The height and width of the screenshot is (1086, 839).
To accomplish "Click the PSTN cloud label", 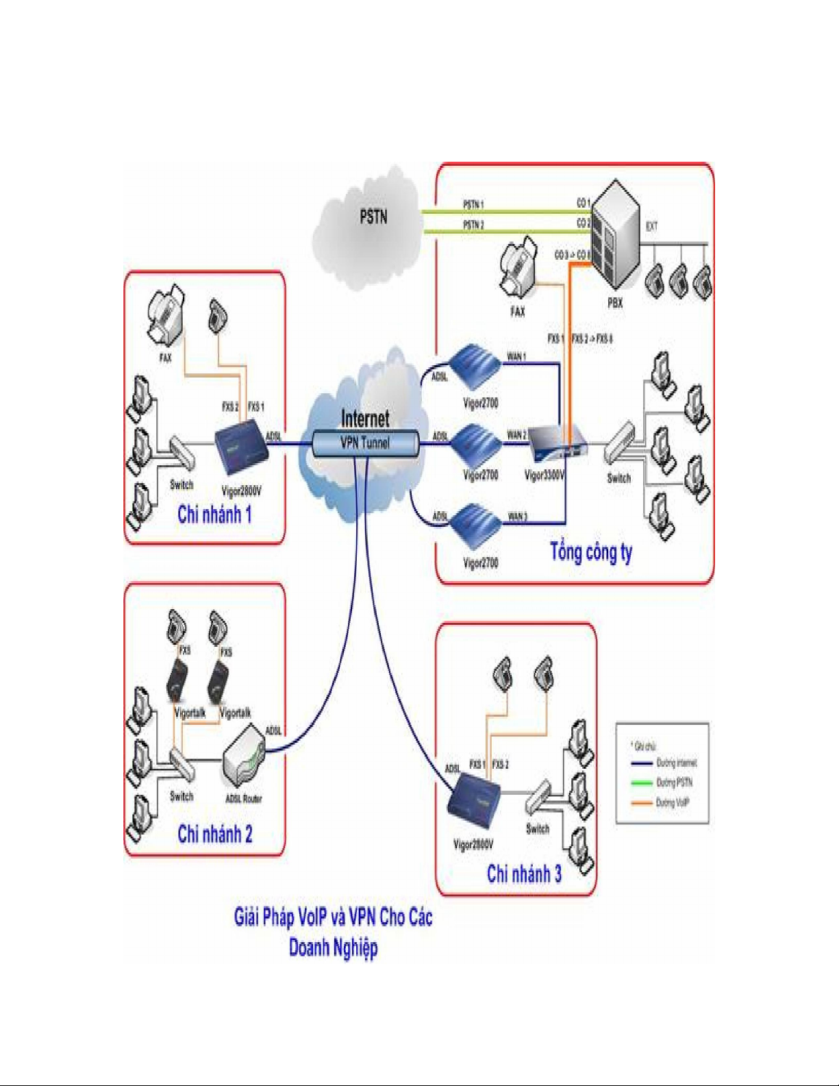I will coord(373,217).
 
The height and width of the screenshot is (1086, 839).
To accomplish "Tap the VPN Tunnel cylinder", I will coord(365,443).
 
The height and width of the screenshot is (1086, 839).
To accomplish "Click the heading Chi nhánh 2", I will coord(214,834).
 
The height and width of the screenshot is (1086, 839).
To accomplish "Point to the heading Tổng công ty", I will coord(591,552).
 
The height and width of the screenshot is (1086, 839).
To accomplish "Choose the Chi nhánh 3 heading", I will coord(524,874).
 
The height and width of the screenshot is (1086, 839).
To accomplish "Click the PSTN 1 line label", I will coord(473,204).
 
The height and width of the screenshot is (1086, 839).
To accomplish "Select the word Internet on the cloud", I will coord(365,419).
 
